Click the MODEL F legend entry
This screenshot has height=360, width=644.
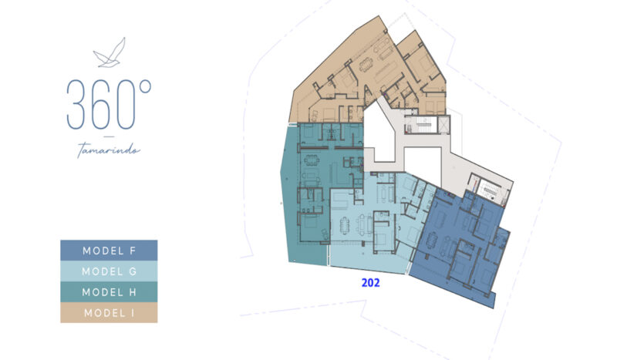[x=109, y=251]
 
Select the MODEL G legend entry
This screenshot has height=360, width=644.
[x=109, y=271]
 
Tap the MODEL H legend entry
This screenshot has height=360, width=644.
[x=109, y=292]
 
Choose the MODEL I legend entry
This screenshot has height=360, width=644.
[x=109, y=313]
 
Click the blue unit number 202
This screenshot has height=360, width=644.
[x=370, y=282]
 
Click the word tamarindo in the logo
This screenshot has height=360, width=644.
[x=109, y=150]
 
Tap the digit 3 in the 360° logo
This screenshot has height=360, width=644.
[x=76, y=105]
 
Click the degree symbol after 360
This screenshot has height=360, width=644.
[x=145, y=86]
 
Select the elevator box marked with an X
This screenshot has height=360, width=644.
[x=444, y=125]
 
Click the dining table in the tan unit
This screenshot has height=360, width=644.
[x=366, y=65]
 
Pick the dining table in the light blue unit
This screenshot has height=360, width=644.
[x=344, y=224]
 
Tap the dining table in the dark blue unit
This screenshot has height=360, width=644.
[x=433, y=241]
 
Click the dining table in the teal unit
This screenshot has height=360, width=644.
[x=312, y=160]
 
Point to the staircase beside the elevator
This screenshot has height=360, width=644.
[x=421, y=125]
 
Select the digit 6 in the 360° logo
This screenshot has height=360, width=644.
[x=100, y=105]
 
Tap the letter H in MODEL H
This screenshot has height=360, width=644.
[x=133, y=292]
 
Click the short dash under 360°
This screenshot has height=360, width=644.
[x=109, y=136]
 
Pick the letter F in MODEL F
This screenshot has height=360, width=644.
[x=133, y=251]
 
